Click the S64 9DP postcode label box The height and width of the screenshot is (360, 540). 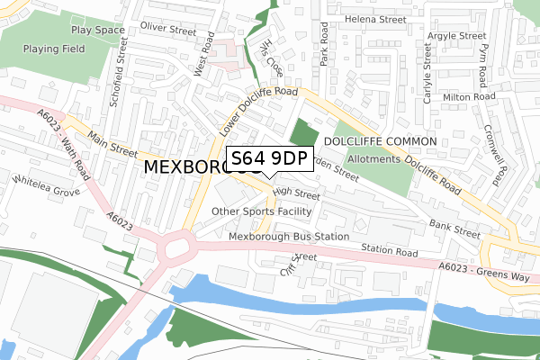tap(269, 159)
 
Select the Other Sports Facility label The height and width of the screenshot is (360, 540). tap(261, 211)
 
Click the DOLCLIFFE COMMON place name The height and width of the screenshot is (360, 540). tap(380, 142)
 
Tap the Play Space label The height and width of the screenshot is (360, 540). tap(98, 29)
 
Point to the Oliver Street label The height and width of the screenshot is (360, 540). tap(167, 30)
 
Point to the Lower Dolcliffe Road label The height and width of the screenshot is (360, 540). tap(256, 112)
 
